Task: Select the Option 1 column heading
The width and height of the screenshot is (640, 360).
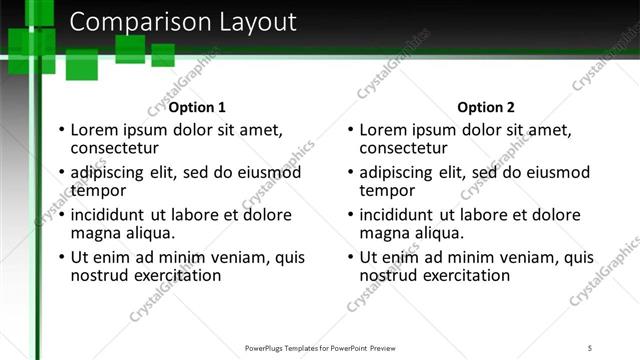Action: coord(197,107)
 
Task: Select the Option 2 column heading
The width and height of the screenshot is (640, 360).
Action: coord(486,107)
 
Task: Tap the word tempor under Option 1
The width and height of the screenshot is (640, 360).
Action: coord(98,190)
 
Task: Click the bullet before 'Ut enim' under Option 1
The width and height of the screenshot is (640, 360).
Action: coord(61,257)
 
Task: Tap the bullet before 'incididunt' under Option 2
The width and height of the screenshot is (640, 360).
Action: coord(350,214)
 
